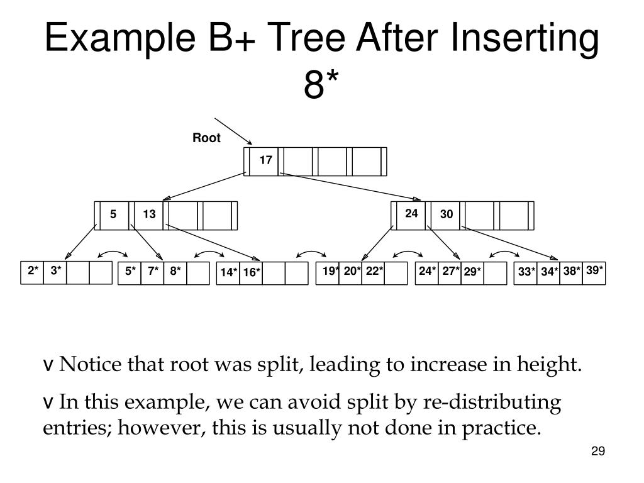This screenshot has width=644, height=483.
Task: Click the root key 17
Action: [x=266, y=160]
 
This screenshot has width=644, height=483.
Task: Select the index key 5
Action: [x=113, y=214]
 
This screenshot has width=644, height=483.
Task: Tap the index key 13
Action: [x=149, y=214]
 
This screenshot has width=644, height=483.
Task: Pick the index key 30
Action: [x=447, y=214]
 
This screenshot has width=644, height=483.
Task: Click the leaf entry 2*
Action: [x=33, y=271]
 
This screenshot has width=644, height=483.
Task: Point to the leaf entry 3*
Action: [x=56, y=271]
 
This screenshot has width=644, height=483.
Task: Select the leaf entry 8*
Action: [x=175, y=271]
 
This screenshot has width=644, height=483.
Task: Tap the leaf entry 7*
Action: [x=153, y=271]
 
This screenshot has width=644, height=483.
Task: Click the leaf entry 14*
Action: [x=229, y=272]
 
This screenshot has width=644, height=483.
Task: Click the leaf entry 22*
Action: [x=374, y=271]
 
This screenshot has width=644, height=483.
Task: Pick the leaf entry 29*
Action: [x=473, y=272]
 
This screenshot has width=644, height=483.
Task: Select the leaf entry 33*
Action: [x=526, y=272]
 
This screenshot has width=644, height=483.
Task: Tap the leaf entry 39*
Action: [x=594, y=270]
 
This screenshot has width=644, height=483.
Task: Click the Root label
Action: [x=206, y=138]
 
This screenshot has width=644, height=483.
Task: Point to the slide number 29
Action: [x=597, y=452]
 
